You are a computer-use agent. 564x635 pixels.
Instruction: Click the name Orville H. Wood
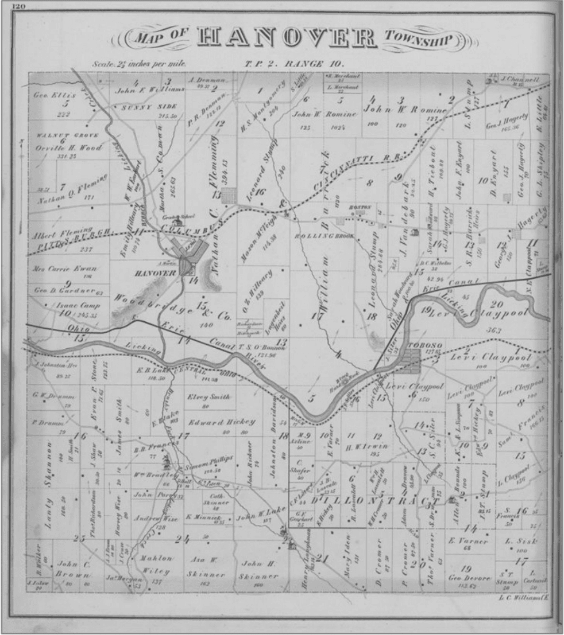(x=69, y=148)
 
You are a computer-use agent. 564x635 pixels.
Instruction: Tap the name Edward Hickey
(x=221, y=422)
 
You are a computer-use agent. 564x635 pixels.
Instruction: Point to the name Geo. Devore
(x=469, y=578)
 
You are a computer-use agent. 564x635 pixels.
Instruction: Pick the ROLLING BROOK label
(x=324, y=236)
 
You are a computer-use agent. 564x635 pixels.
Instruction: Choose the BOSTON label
(x=361, y=207)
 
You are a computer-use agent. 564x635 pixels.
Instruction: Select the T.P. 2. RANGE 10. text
(x=296, y=64)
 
